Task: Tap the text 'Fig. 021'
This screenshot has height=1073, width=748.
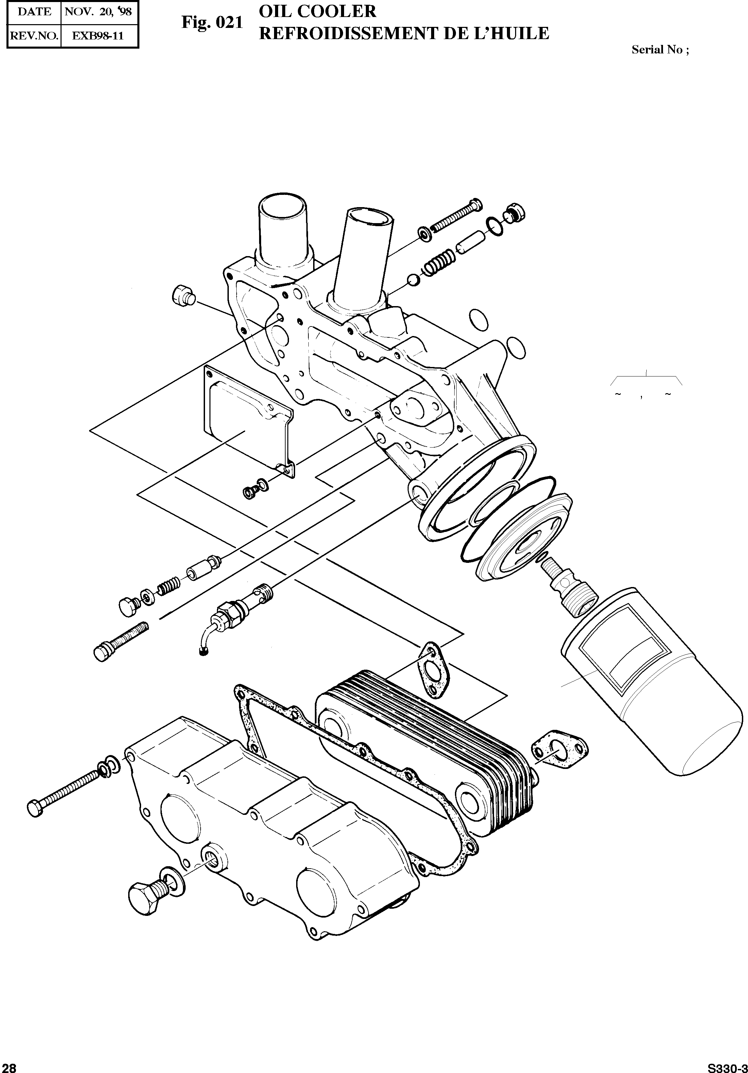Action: [x=212, y=22]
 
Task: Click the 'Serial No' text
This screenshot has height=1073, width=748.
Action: [x=659, y=50]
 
